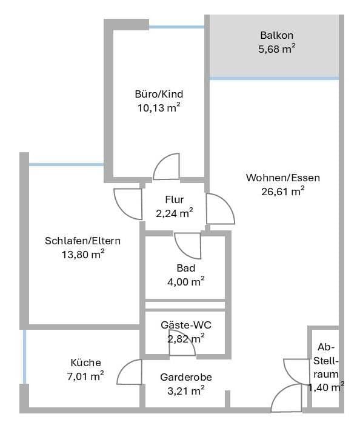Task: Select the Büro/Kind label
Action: click(159, 94)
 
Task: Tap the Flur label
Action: click(174, 199)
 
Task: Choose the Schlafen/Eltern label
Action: click(82, 241)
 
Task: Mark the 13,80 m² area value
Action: click(82, 254)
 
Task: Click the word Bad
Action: click(185, 267)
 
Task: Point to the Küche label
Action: click(85, 363)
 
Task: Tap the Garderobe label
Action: click(186, 377)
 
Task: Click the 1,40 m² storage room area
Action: click(326, 387)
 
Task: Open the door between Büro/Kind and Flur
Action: click(167, 167)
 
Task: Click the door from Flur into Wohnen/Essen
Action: click(219, 209)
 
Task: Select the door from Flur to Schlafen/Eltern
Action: click(128, 202)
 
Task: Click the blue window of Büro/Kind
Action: click(176, 27)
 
